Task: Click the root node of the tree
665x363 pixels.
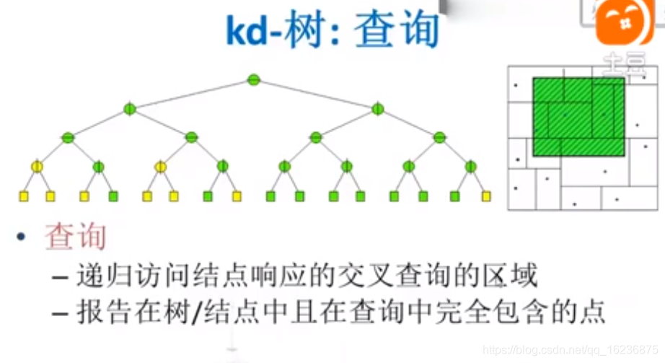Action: (253, 80)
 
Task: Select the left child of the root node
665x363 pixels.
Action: (130, 109)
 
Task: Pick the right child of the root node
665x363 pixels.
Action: (377, 109)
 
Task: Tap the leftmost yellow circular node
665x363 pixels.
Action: (37, 167)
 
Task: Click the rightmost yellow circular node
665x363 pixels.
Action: (161, 167)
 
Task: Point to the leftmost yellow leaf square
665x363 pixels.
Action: (23, 196)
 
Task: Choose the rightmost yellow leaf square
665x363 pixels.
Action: (486, 196)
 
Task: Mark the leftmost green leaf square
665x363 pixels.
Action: (113, 196)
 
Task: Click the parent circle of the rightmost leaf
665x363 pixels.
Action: (471, 167)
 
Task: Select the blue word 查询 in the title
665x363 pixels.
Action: (397, 30)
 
